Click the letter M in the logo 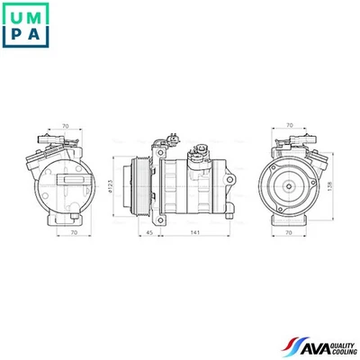click(x=38, y=14)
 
